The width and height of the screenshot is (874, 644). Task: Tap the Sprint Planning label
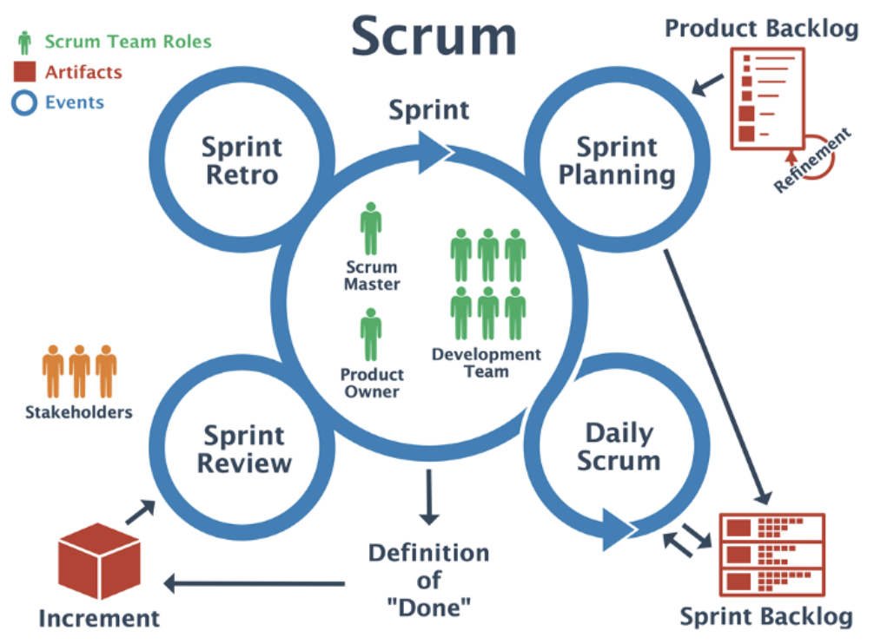616,161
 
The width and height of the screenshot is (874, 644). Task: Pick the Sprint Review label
244,448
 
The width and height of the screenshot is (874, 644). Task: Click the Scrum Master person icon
371,229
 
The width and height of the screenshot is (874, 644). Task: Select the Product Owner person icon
371,335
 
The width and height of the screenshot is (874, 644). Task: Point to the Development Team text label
486,362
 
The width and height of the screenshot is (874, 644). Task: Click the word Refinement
811,161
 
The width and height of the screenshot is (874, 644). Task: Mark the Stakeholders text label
78,411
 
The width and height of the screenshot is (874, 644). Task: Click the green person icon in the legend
25,42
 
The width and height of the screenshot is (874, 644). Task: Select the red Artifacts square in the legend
26,72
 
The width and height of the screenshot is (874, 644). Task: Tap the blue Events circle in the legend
26,103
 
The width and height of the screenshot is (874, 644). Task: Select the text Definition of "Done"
428,580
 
